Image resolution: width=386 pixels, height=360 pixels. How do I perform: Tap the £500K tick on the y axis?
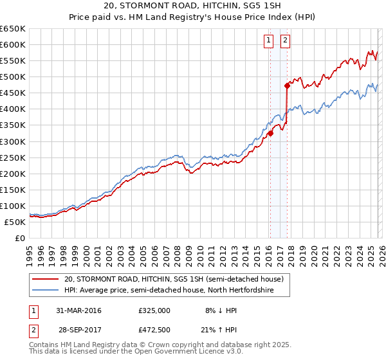coord(13,77)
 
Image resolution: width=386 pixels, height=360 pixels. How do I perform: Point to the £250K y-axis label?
coord(13,157)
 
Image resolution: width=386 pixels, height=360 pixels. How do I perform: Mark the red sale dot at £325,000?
coord(271,133)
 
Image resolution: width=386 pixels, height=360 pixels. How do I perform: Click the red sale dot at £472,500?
coord(287,85)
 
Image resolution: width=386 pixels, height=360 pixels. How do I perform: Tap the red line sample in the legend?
coord(46,279)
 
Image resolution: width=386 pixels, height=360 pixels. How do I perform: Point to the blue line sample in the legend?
coord(46,290)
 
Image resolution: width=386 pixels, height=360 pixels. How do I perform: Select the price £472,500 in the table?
coord(154,330)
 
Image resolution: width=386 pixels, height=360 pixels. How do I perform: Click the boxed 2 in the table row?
coord(32,330)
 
